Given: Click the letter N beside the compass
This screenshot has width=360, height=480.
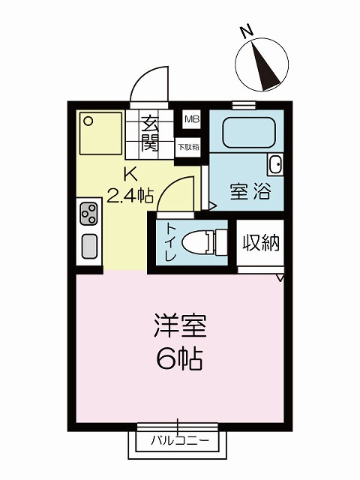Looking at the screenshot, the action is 247,31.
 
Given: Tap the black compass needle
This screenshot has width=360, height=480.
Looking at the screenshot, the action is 265,66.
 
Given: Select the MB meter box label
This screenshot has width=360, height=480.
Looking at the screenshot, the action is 192,119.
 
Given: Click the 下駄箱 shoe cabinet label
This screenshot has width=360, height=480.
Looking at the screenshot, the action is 188,147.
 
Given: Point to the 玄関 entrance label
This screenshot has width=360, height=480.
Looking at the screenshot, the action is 150,133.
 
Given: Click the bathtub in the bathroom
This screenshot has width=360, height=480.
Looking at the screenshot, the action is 249,132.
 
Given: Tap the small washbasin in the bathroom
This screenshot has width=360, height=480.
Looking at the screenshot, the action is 275,164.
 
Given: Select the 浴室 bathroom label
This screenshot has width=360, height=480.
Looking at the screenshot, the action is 250,191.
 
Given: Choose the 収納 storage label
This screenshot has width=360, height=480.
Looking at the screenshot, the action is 261,243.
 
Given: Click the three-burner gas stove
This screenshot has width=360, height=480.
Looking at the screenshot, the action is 88,213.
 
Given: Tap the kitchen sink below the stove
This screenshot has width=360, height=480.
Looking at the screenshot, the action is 89,246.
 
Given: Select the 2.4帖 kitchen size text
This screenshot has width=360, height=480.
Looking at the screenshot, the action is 130,196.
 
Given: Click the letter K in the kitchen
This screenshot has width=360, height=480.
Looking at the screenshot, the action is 130,175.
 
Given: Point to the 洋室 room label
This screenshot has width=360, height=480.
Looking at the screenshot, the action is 180,325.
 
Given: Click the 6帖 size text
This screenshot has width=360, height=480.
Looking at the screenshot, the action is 179,358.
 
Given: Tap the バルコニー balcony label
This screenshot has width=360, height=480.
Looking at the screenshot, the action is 180,441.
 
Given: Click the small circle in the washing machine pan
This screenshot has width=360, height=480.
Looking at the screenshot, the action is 88,121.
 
